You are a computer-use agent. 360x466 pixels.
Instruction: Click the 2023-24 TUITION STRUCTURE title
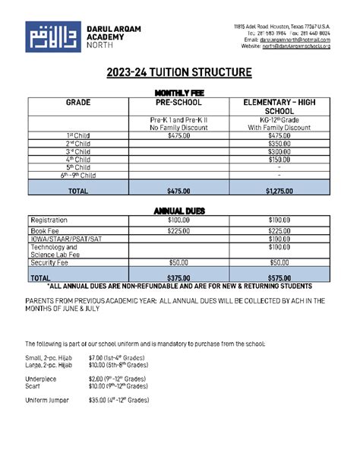point(179,73)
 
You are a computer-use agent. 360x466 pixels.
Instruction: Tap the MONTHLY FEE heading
point(179,93)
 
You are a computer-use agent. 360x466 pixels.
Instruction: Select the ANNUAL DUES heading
point(179,211)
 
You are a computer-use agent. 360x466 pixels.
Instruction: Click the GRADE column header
point(78,102)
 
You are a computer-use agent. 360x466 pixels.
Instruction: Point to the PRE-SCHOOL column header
point(178,102)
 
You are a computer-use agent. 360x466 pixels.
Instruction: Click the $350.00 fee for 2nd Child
point(279,143)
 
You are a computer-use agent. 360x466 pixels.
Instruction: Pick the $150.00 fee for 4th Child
point(279,160)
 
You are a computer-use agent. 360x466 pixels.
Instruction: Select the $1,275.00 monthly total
point(279,192)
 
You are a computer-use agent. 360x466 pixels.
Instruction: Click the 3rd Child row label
point(78,151)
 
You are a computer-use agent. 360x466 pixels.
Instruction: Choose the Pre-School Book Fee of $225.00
point(178,231)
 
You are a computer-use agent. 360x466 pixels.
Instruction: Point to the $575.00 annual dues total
point(279,278)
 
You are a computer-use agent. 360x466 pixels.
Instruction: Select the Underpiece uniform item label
point(41,378)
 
